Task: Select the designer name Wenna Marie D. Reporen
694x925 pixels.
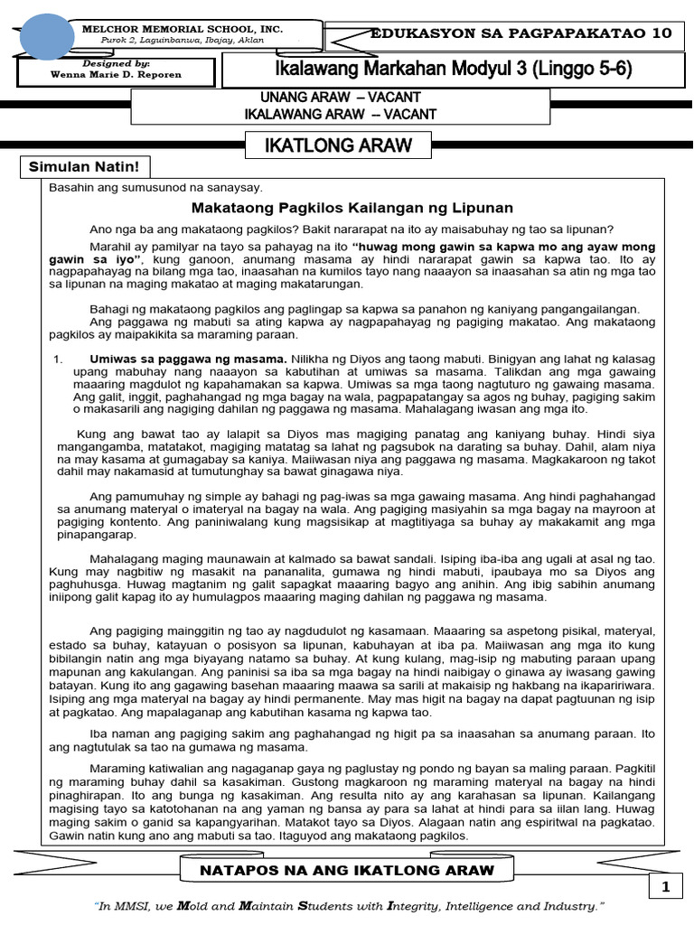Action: [117, 76]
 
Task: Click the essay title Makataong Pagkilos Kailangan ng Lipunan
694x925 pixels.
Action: [352, 208]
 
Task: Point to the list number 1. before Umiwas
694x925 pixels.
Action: [59, 358]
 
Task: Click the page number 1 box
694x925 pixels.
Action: [666, 888]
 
